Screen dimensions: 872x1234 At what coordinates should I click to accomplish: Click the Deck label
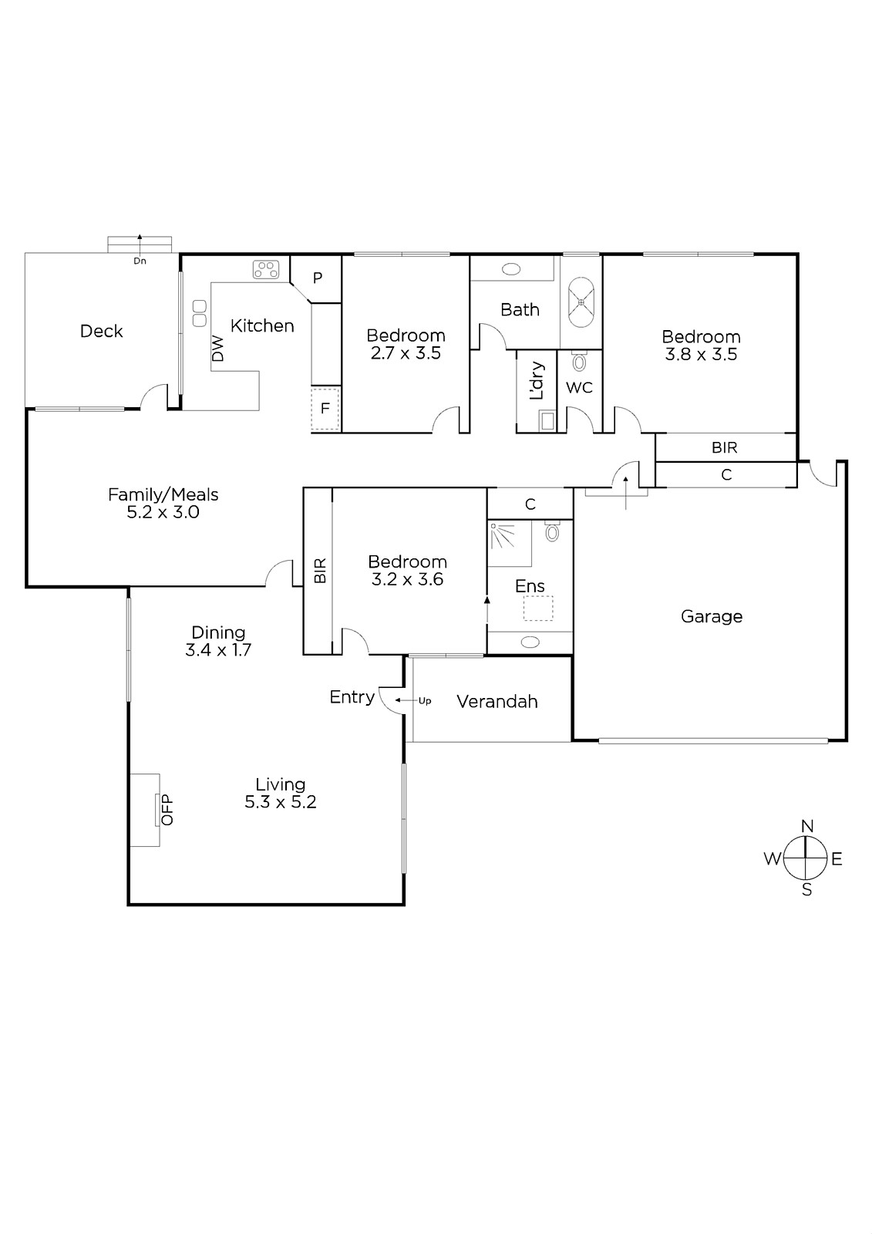coord(101,331)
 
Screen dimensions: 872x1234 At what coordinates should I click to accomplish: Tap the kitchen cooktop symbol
coord(266,269)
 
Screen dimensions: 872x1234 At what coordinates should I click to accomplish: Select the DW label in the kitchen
coord(218,348)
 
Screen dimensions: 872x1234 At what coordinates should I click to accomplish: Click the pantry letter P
coord(318,278)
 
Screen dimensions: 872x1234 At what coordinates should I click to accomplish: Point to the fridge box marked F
coord(325,408)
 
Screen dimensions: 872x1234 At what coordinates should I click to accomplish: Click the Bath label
coord(520,309)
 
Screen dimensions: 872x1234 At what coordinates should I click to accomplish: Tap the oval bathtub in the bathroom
coord(581,302)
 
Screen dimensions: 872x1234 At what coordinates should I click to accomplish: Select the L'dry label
coord(536,380)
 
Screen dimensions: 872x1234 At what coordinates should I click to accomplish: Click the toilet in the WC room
coord(579,361)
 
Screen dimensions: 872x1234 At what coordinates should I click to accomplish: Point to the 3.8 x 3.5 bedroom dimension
coord(701,354)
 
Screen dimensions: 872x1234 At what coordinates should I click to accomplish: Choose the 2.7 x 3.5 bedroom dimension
coord(406,353)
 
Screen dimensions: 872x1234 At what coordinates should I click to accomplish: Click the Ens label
coord(530,586)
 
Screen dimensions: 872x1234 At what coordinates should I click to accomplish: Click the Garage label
coord(712,616)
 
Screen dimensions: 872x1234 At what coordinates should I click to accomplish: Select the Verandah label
coord(497,701)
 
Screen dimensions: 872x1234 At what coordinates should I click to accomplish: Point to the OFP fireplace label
coord(167,809)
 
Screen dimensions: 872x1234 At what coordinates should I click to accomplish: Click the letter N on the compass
coord(807,826)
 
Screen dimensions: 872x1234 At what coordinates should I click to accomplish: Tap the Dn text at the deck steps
coord(140,261)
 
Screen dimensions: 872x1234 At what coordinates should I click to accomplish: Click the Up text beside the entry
coord(425,701)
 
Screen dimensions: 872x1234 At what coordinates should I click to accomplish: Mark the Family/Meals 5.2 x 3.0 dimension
coord(163,512)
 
